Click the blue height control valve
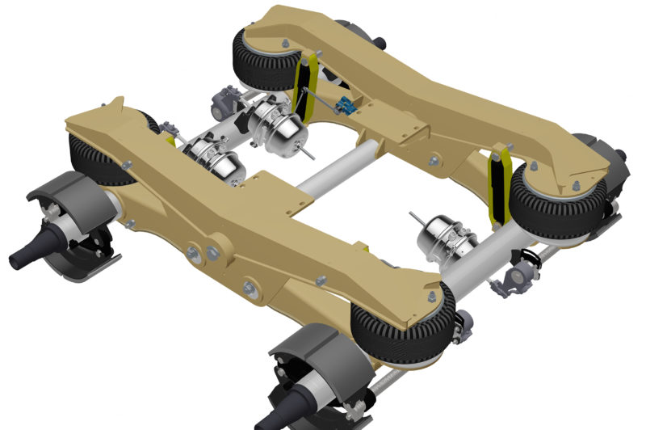point(348,105)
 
